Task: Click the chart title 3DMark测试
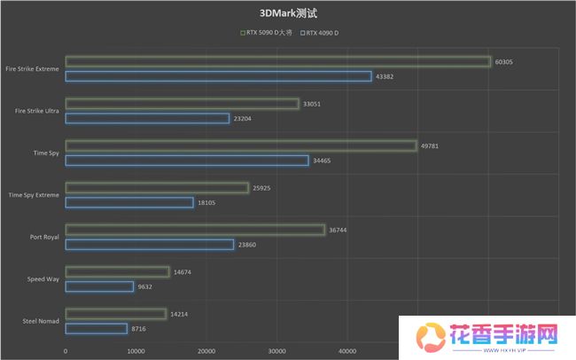[x=287, y=13]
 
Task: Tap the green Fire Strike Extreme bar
[x=277, y=61]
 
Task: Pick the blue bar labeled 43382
[x=218, y=76]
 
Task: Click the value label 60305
[x=504, y=61]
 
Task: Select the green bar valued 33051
[x=182, y=104]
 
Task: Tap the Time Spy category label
[x=47, y=153]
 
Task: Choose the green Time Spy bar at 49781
[x=240, y=145]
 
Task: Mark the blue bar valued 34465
[x=187, y=160]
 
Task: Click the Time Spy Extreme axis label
[x=35, y=194]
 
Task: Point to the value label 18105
[x=206, y=202]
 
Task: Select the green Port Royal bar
[x=195, y=230]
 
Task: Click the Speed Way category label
[x=43, y=278]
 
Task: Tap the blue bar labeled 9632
[x=99, y=286]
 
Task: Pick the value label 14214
[x=180, y=314]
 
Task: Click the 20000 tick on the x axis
[x=206, y=351]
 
